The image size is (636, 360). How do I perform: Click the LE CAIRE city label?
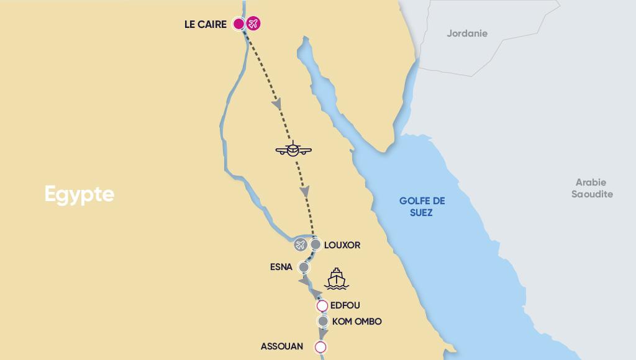(206, 25)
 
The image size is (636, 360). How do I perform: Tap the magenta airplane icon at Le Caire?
(253, 24)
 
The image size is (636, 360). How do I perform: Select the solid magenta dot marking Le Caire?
(238, 24)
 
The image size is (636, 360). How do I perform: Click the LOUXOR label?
(342, 245)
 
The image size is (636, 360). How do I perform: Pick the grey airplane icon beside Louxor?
(301, 245)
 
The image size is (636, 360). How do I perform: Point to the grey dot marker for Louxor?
(316, 245)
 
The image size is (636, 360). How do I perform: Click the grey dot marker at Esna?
(304, 268)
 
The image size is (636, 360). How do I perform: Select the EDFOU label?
(346, 305)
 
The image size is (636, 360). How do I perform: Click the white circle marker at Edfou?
(322, 306)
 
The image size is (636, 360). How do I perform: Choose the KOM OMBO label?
(357, 322)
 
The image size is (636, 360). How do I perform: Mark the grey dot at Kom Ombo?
(323, 322)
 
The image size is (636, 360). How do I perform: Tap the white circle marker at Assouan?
(320, 347)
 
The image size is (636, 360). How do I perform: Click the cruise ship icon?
(335, 279)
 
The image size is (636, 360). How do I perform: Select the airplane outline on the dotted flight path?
(293, 149)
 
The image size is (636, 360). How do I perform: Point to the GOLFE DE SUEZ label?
(422, 207)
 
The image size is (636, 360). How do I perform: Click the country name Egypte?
(79, 194)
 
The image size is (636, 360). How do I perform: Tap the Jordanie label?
(467, 34)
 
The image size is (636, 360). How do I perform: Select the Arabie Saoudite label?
(594, 189)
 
